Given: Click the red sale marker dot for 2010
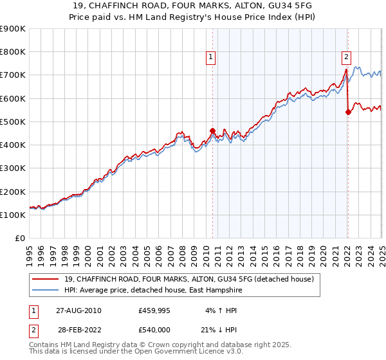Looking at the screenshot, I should tap(213, 130).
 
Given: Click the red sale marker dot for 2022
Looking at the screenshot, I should tap(348, 112).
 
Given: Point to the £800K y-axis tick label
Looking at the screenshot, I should tap(13, 52).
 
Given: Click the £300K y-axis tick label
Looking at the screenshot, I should tap(13, 168).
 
